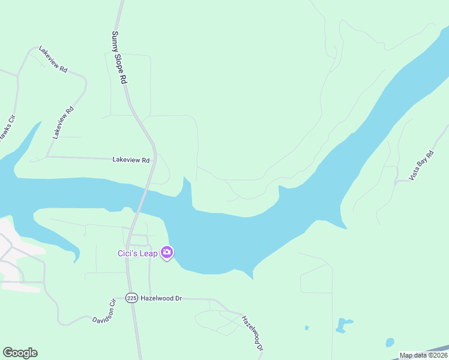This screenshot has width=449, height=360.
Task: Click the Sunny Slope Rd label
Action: (120, 57)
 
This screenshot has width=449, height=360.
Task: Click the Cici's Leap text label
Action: (137, 253)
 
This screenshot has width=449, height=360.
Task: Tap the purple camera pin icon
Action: (167, 253)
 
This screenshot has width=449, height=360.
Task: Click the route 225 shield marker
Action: (132, 298)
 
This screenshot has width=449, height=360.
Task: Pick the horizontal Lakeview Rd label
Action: (131, 160)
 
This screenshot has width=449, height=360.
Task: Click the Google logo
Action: (20, 353)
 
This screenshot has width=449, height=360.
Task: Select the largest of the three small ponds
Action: (344, 325)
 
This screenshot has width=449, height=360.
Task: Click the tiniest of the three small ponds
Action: (306, 328)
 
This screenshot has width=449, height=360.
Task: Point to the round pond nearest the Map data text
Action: (390, 342)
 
